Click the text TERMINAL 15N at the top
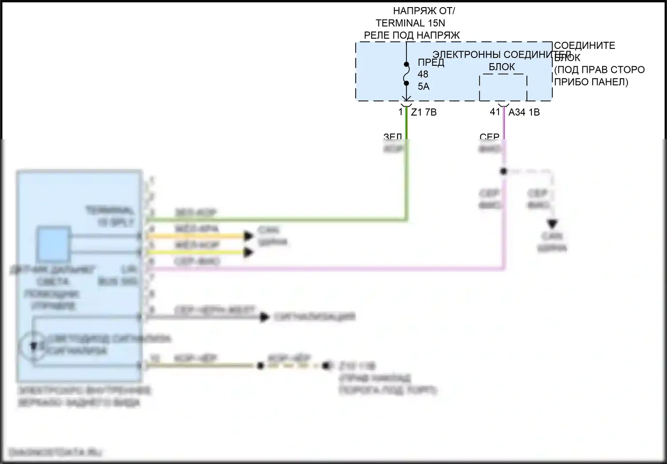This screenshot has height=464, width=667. [410, 23]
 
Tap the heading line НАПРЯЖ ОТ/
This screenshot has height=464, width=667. [424, 11]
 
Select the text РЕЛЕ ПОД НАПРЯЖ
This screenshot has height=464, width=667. [412, 35]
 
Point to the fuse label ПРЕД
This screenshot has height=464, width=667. [430, 62]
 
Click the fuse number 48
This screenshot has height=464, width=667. [423, 74]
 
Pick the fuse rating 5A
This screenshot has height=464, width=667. [423, 86]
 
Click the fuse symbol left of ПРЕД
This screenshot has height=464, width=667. [406, 74]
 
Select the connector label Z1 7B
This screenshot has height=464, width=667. [424, 112]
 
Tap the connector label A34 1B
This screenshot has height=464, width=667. [524, 112]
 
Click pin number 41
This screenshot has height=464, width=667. [495, 112]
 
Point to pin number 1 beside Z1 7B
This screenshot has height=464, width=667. [401, 112]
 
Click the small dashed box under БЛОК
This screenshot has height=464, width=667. [503, 88]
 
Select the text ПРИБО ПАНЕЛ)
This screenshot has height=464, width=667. [591, 82]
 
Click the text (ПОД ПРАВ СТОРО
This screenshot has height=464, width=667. [599, 70]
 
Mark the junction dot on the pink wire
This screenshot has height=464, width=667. [503, 171]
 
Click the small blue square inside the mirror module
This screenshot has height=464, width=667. [53, 244]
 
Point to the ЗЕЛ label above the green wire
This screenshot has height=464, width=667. [393, 137]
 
